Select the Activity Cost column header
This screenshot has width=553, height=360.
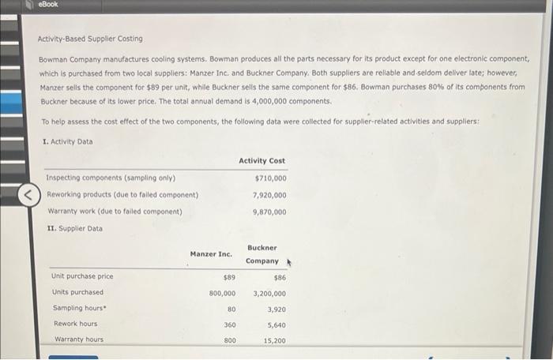pyautogui.click(x=261, y=160)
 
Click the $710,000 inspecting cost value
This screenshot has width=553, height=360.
pyautogui.click(x=269, y=178)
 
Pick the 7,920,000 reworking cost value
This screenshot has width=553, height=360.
pyautogui.click(x=269, y=195)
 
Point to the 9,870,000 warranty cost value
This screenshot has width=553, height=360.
pyautogui.click(x=269, y=212)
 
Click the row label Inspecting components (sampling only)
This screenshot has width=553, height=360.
pyautogui.click(x=111, y=178)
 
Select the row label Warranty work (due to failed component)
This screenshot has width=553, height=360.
pyautogui.click(x=115, y=212)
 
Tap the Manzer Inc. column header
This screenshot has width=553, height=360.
pyautogui.click(x=211, y=253)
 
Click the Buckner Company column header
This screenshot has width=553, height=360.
pyautogui.click(x=262, y=253)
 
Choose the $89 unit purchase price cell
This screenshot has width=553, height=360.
pyautogui.click(x=228, y=276)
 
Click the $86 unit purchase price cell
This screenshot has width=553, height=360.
pyautogui.click(x=280, y=276)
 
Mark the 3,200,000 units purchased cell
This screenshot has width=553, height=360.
pyautogui.click(x=269, y=292)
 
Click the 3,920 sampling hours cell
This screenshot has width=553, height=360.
pyautogui.click(x=276, y=309)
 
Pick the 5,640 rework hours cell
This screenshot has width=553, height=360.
pyautogui.click(x=276, y=324)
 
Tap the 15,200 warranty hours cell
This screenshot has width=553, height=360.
pyautogui.click(x=274, y=340)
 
